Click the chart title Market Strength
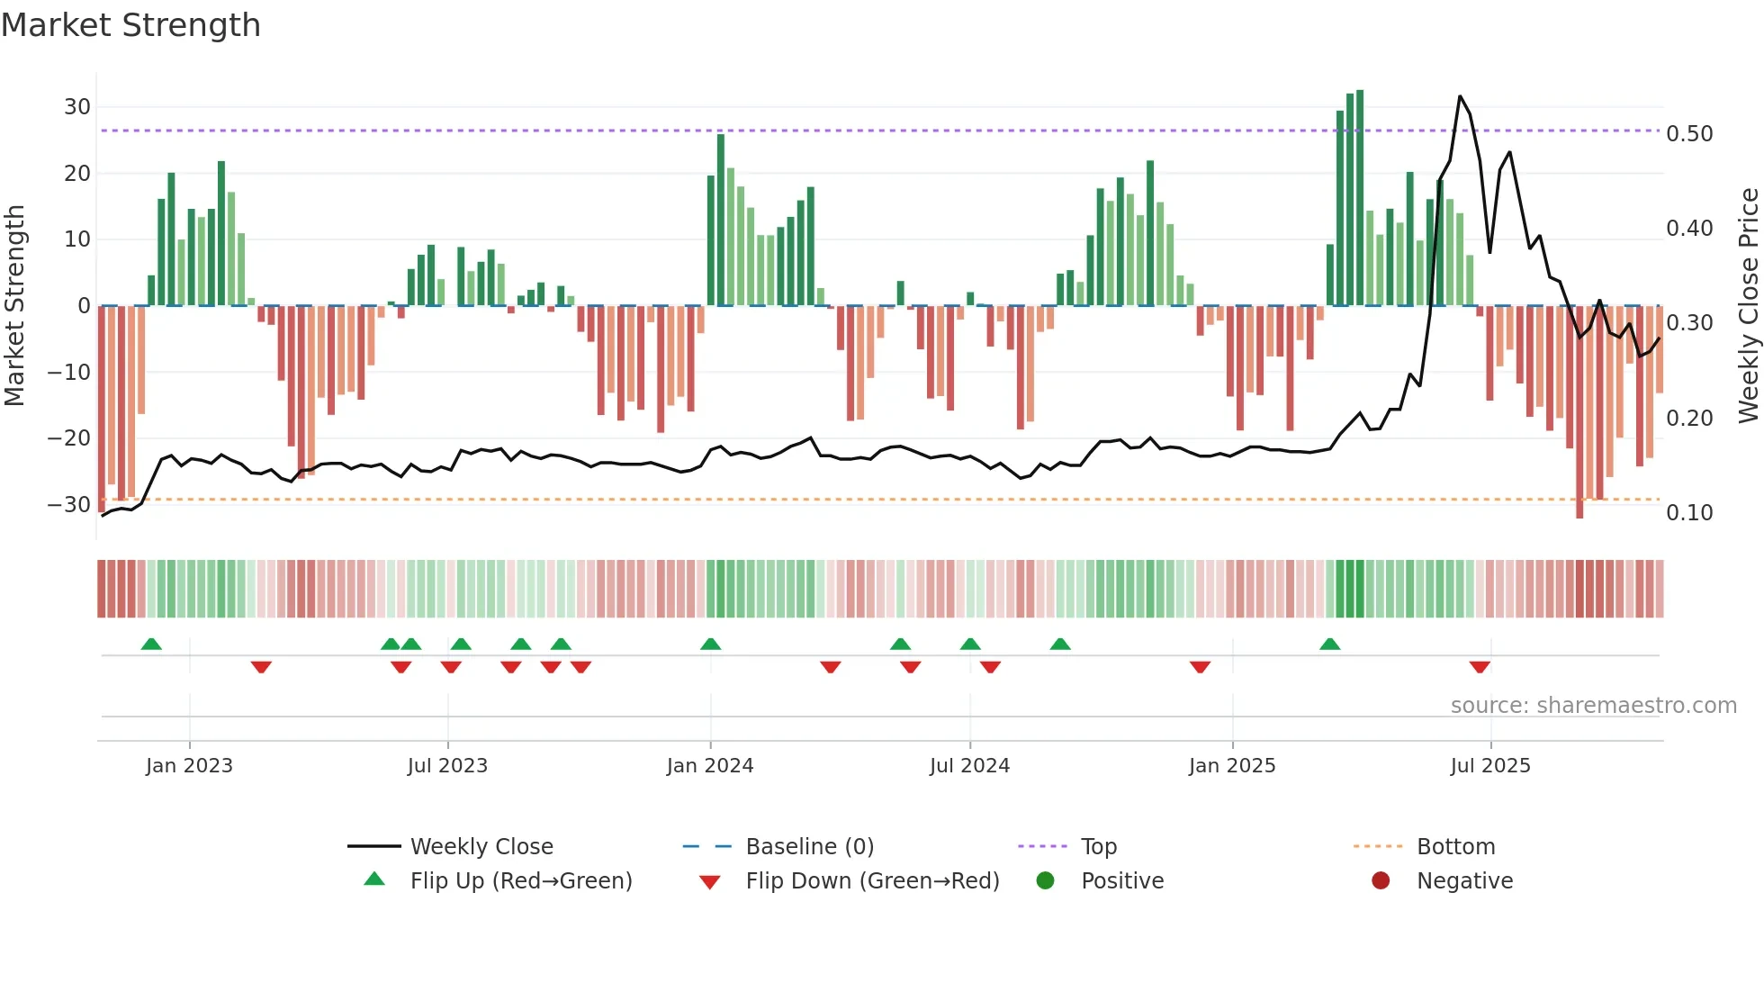coord(131,25)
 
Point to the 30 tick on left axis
coord(77,107)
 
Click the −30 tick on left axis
coord(69,505)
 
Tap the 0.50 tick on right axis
coord(1689,134)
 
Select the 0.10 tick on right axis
coord(1689,513)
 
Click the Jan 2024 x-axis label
coord(710,766)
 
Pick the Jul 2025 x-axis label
coord(1490,766)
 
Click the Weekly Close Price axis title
coord(1748,306)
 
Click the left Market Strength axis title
coord(15,306)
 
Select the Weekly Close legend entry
coord(481,847)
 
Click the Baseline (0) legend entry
coord(809,847)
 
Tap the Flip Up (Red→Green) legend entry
coord(521,881)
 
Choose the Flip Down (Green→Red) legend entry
coord(872,881)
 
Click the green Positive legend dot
coord(1045,881)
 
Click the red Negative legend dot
coord(1381,881)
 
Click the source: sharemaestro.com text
coord(1593,706)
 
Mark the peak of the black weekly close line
coord(1460,96)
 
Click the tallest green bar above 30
coord(1360,198)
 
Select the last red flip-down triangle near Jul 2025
coord(1480,667)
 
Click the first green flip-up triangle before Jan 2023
coord(151,644)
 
